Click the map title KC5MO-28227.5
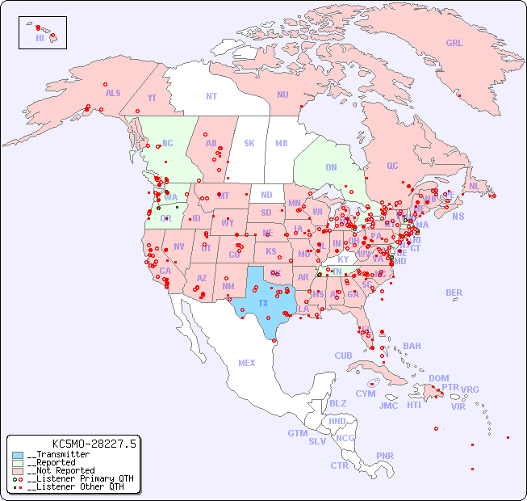click(x=94, y=443)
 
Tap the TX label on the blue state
click(x=263, y=303)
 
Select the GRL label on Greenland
click(x=454, y=43)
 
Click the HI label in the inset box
click(x=40, y=37)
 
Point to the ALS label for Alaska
click(x=113, y=93)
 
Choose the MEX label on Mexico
click(x=247, y=363)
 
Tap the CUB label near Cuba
click(x=343, y=356)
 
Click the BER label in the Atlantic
click(x=454, y=293)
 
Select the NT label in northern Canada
click(x=211, y=95)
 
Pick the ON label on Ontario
click(x=331, y=167)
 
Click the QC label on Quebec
click(x=392, y=166)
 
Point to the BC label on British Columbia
click(x=167, y=143)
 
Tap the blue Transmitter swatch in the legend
click(x=18, y=455)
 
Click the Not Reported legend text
click(x=61, y=470)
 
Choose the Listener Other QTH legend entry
click(x=75, y=486)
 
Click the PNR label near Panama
click(x=385, y=456)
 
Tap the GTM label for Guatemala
click(x=297, y=433)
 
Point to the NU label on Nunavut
click(x=282, y=95)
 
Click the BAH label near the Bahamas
click(x=412, y=346)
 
